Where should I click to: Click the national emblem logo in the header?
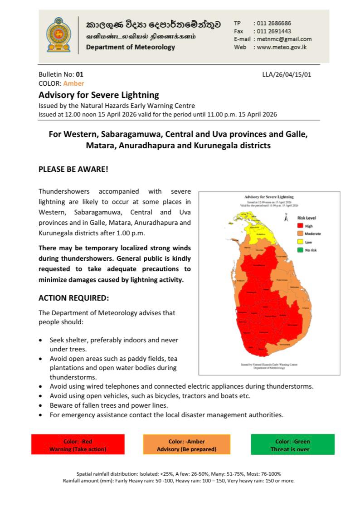(58, 35)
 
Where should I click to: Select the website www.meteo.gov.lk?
(282, 47)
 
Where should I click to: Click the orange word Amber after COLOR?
(73, 83)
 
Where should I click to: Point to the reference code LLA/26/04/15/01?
(287, 74)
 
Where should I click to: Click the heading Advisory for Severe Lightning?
(99, 95)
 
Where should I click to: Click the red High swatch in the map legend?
(300, 226)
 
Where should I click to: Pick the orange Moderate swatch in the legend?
(300, 234)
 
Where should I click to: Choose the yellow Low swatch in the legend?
(300, 242)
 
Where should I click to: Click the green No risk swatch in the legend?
(300, 249)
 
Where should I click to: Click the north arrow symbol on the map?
(286, 218)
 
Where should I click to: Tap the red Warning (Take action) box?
(78, 444)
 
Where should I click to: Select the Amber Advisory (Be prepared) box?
(186, 444)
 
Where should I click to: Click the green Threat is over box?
(292, 444)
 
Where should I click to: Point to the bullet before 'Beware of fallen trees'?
(41, 405)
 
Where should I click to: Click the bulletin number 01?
(80, 74)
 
